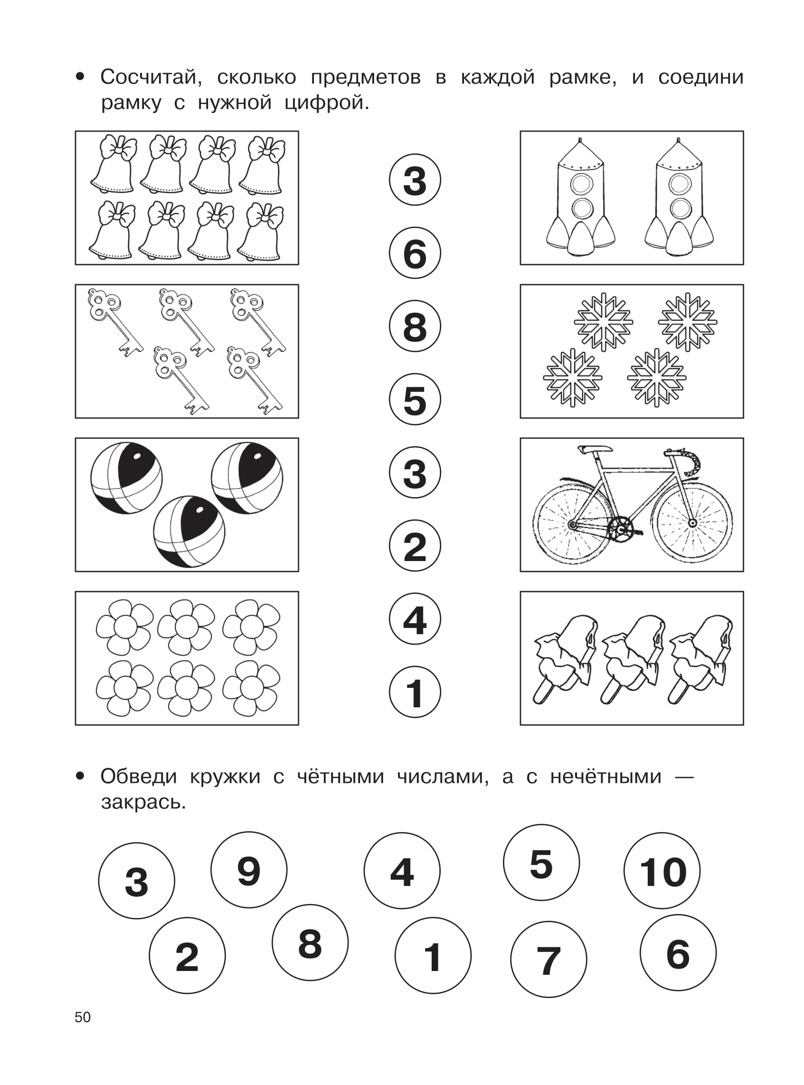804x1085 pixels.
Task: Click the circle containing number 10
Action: [x=662, y=870]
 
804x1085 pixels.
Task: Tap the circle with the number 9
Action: [x=249, y=869]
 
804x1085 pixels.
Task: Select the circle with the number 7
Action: [x=549, y=960]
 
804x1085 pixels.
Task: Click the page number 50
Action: [x=83, y=1017]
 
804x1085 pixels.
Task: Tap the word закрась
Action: [x=143, y=802]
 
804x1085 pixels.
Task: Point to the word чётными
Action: [x=340, y=776]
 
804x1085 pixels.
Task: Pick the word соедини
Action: [x=701, y=77]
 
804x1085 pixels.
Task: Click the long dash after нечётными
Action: [x=684, y=777]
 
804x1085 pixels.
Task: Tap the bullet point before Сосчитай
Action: [x=80, y=77]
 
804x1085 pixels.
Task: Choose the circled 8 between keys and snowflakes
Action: [x=415, y=326]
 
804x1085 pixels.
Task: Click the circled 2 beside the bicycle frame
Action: [x=415, y=545]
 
